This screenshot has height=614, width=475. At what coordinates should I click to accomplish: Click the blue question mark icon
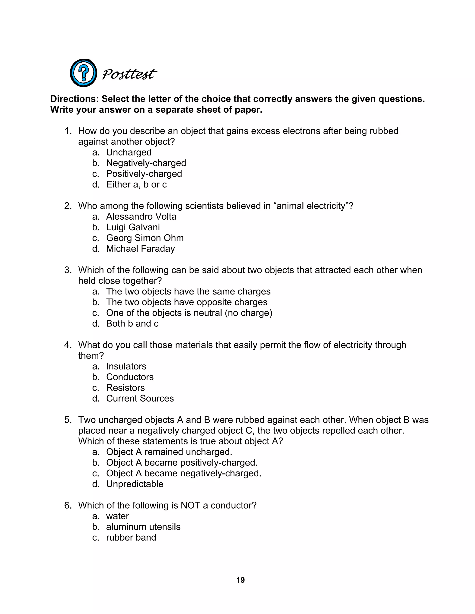(x=83, y=73)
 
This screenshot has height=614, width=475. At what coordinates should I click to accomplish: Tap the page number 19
(x=240, y=580)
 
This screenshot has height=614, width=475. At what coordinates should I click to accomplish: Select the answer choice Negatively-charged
(x=146, y=163)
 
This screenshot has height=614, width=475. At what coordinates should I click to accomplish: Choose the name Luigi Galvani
(x=133, y=227)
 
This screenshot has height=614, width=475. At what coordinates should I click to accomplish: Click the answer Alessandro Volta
(x=141, y=216)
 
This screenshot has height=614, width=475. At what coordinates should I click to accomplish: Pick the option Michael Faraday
(x=140, y=249)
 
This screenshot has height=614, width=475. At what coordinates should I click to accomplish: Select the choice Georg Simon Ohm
(x=145, y=238)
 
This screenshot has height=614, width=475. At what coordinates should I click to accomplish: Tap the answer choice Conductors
(x=130, y=377)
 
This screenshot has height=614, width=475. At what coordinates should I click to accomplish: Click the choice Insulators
(x=126, y=366)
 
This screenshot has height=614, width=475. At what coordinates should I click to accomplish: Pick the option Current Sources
(x=140, y=398)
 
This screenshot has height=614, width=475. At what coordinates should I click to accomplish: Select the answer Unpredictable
(x=135, y=484)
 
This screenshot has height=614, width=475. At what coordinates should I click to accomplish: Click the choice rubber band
(x=131, y=537)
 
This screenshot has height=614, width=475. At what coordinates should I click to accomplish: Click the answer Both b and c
(x=132, y=324)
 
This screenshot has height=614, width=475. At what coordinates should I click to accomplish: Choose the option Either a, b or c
(x=136, y=184)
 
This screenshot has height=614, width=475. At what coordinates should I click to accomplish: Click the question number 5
(x=68, y=420)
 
